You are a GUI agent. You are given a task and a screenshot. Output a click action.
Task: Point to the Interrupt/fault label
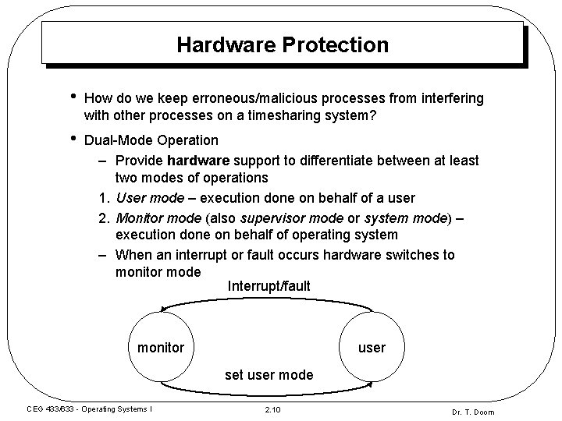point(269,287)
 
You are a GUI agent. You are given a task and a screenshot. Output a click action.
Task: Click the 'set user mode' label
point(269,375)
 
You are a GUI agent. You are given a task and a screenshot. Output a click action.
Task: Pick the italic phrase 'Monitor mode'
point(155,217)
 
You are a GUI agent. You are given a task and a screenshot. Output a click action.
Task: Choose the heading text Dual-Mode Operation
point(151,140)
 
